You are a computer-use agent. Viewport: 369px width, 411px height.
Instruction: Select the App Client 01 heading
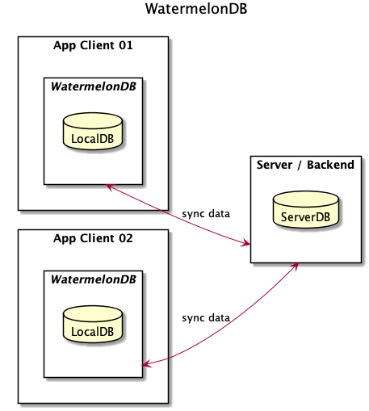[x=93, y=45]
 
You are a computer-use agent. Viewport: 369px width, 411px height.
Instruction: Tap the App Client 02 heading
[x=93, y=239]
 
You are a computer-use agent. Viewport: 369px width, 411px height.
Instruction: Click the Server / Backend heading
[x=305, y=166]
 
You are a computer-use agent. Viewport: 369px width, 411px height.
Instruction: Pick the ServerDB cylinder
[x=305, y=209]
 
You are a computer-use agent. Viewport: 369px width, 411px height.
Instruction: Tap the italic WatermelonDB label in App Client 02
[x=93, y=279]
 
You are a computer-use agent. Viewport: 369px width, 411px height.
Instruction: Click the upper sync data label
[x=206, y=214]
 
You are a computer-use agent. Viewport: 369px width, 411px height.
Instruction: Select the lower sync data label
[x=206, y=317]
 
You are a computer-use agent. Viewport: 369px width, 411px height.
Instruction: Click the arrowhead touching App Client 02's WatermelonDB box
[x=147, y=365]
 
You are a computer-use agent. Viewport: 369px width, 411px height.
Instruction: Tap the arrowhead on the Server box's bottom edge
[x=296, y=266]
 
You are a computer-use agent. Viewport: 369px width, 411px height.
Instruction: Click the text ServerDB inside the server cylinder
[x=305, y=216]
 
